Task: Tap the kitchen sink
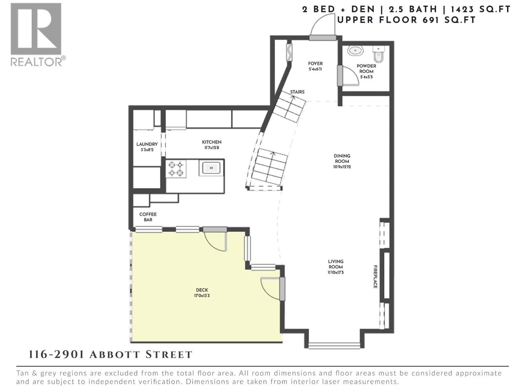[x=211, y=168]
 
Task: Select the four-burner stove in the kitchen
[x=176, y=169]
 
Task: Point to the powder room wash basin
[x=355, y=51]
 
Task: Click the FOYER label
[x=315, y=64]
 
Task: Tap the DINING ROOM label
[x=342, y=159]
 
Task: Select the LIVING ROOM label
[x=336, y=264]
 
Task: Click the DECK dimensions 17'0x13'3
[x=202, y=296]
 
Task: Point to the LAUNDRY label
[x=147, y=144]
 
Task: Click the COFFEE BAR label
[x=148, y=217]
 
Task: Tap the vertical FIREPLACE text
[x=376, y=276]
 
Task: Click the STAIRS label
[x=297, y=92]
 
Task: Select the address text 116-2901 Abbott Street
[x=111, y=355]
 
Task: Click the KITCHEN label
[x=211, y=142]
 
